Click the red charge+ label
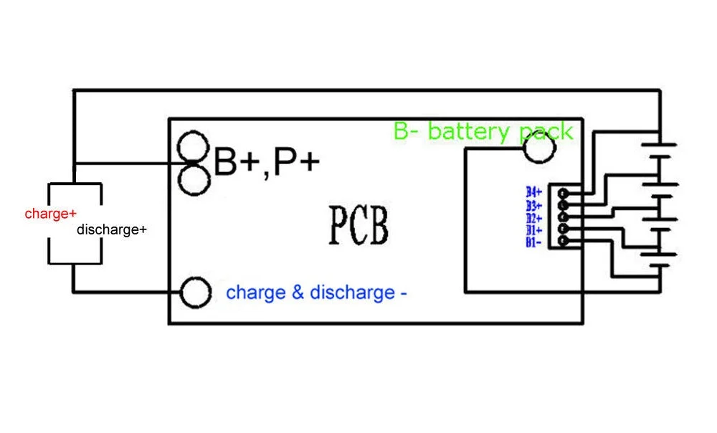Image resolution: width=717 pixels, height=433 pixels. [50, 214]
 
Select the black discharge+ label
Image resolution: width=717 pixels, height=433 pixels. [112, 229]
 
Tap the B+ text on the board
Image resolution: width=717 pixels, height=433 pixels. [237, 161]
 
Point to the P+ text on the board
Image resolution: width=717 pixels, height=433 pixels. [296, 161]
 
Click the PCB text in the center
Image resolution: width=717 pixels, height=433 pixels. [359, 226]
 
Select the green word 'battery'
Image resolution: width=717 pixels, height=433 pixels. [468, 132]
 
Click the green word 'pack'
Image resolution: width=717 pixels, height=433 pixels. [546, 133]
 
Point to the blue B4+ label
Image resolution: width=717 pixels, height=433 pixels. [533, 192]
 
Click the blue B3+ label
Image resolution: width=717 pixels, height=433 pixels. [533, 206]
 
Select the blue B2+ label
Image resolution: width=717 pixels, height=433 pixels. [533, 219]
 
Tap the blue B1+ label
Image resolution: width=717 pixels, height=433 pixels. [533, 230]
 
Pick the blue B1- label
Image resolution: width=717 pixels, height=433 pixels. [533, 242]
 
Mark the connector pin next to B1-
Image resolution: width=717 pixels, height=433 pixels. [564, 240]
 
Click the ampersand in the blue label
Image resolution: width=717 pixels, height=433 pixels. [298, 292]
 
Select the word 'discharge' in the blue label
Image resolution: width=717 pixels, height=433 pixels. [353, 293]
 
